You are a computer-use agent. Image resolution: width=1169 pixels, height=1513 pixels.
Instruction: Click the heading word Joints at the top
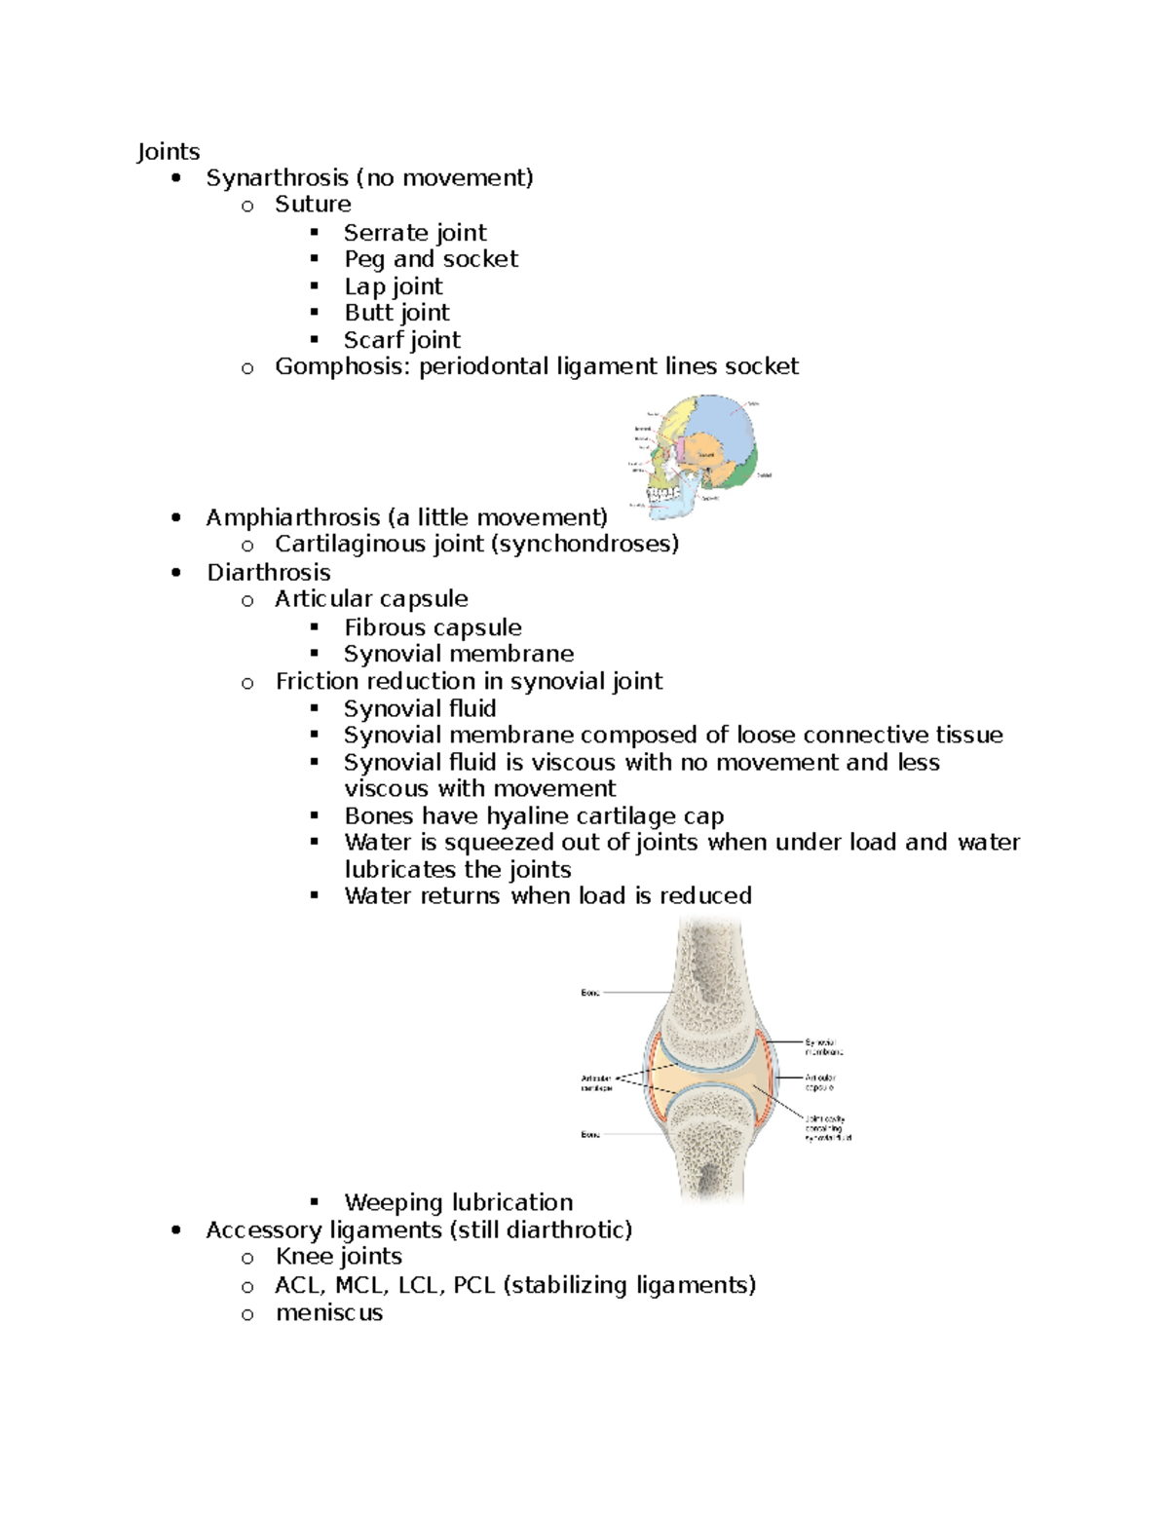point(168,151)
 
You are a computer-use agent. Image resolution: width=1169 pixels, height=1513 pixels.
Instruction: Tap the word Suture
point(313,205)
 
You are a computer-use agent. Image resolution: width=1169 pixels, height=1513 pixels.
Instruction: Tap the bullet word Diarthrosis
point(268,573)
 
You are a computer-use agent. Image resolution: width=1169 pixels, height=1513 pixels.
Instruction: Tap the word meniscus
point(329,1313)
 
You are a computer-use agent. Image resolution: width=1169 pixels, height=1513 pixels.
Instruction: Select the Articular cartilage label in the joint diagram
point(596,1083)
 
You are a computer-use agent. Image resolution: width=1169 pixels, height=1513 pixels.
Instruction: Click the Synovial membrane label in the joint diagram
point(823,1047)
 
